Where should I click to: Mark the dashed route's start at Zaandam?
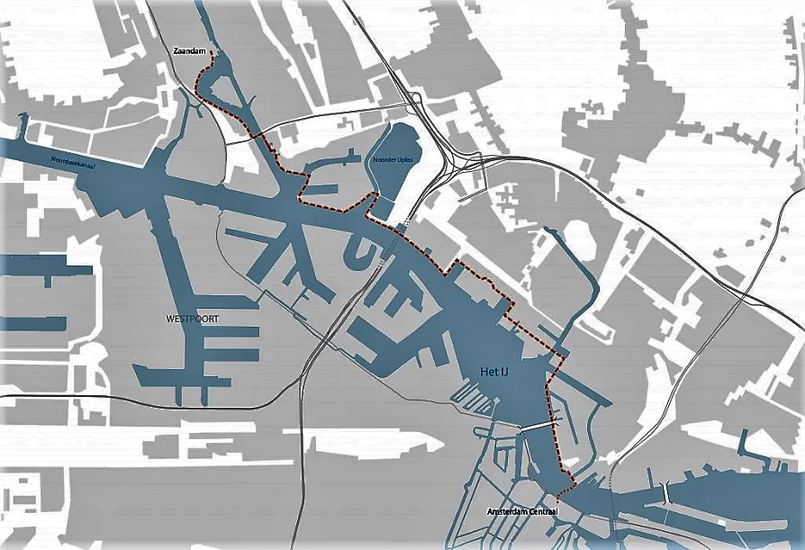pyautogui.click(x=210, y=54)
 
